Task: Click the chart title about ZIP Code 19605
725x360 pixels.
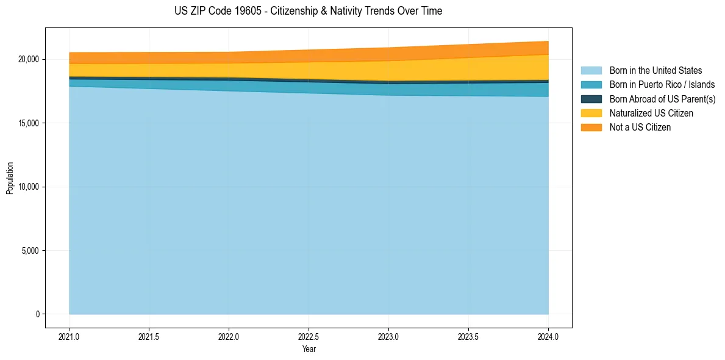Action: click(308, 11)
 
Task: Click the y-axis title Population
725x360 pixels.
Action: click(10, 178)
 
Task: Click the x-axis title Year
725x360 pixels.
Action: click(309, 349)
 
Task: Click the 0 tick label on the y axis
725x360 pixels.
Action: click(37, 314)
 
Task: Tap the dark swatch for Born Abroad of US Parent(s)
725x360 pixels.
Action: click(591, 99)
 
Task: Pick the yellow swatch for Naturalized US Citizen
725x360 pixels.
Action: click(591, 113)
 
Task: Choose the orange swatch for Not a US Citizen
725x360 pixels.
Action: click(591, 127)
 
